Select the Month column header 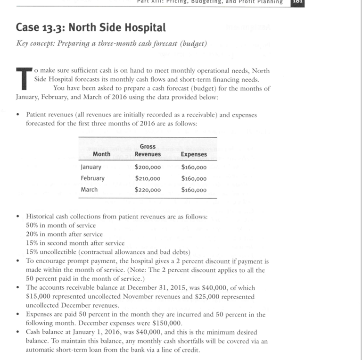[x=101, y=154]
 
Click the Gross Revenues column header [x=148, y=150]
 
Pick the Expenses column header [x=194, y=154]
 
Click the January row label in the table [x=91, y=167]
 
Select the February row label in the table [x=93, y=178]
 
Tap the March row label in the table [x=89, y=190]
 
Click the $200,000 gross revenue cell [x=148, y=167]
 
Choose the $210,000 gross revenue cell [x=148, y=178]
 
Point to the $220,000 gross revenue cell [x=148, y=190]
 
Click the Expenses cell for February [x=194, y=178]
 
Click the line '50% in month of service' [x=61, y=226]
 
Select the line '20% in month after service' [x=64, y=234]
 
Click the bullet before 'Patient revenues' [x=17, y=114]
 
